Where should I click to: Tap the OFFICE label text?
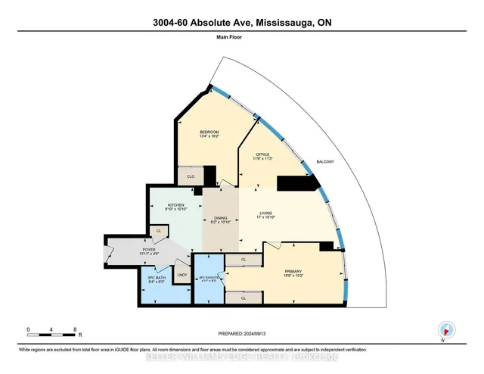[262, 154]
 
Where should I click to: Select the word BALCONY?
[325, 163]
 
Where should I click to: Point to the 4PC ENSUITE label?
[208, 278]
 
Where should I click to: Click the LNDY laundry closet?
[181, 274]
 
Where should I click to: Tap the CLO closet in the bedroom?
[191, 176]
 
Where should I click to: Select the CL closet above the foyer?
[159, 230]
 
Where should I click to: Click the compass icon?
[446, 330]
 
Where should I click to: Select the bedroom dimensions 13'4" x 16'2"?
[198, 136]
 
